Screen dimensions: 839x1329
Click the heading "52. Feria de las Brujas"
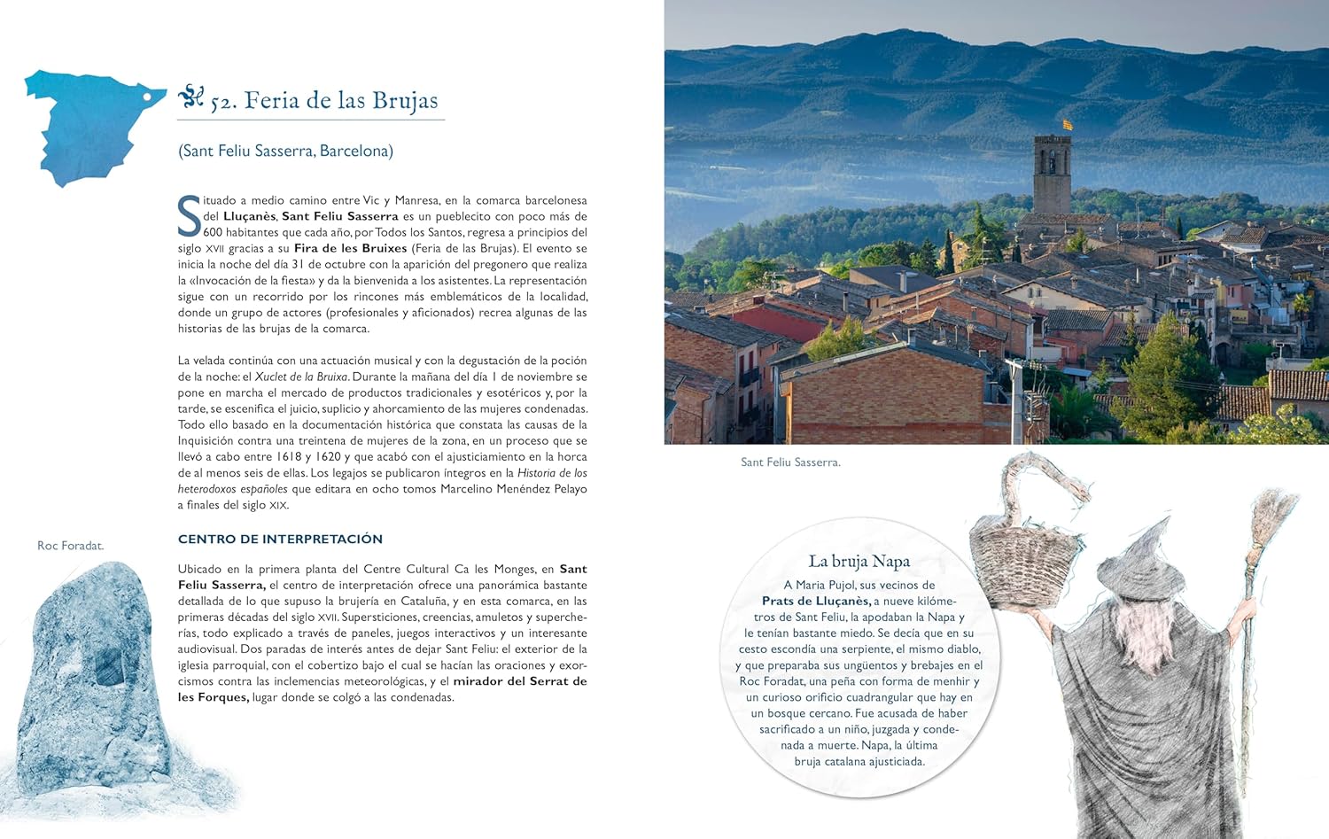coord(323,101)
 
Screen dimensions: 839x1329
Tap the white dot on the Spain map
coord(147,95)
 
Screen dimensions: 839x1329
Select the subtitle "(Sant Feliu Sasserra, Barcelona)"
coord(285,151)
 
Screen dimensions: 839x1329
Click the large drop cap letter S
coord(189,215)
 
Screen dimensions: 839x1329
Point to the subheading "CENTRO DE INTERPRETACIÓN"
coord(280,539)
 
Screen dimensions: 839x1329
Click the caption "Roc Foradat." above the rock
coord(70,546)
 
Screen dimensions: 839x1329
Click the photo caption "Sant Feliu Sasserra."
coord(790,462)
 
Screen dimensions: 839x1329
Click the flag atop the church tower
coord(1068,125)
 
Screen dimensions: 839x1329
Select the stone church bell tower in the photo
coord(1052,175)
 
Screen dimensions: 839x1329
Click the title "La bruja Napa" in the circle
coord(859,562)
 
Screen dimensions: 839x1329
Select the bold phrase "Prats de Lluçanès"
coord(816,601)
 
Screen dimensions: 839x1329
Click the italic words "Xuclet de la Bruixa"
coord(301,377)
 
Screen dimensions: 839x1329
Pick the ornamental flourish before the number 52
coord(190,96)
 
